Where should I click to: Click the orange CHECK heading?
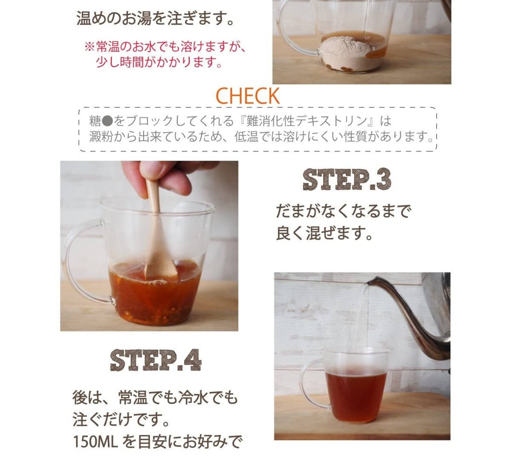[248, 96]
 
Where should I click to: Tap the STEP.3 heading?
[347, 179]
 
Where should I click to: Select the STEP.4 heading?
[156, 360]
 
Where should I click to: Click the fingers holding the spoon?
[164, 178]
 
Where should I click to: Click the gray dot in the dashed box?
[107, 121]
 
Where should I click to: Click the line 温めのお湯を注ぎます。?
[155, 18]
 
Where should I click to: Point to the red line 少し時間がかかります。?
[159, 62]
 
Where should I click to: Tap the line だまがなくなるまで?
[344, 211]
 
